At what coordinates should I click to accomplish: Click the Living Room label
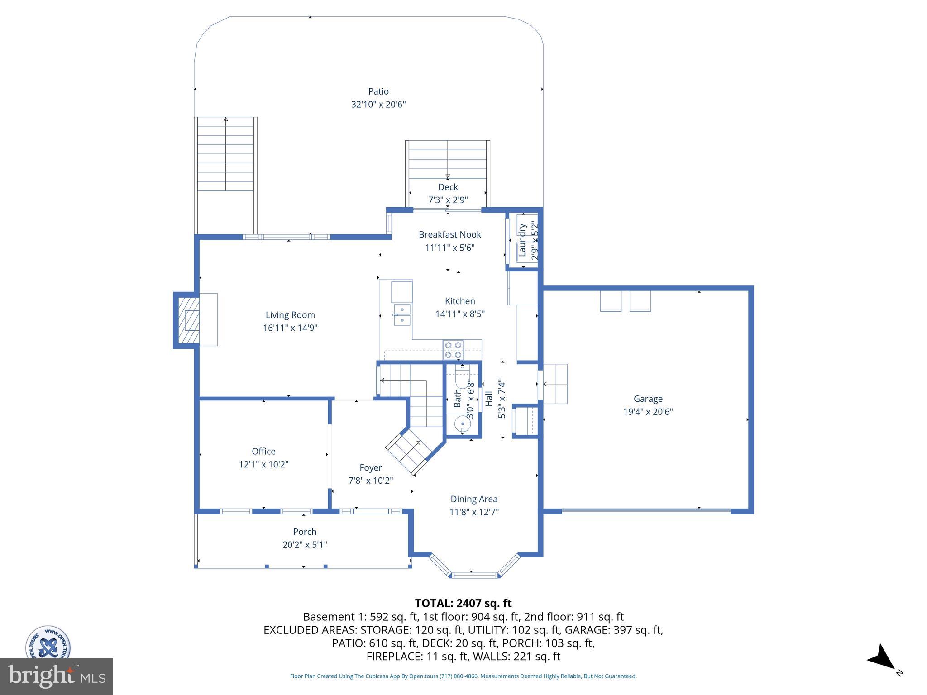coord(290,315)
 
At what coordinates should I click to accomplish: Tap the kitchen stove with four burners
coord(453,350)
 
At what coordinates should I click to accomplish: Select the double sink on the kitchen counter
coord(402,314)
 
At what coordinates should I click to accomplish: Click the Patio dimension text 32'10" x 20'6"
coord(378,105)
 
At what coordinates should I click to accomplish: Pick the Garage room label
coord(648,399)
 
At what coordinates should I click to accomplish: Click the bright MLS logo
coord(57,676)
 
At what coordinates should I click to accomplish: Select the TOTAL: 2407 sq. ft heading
coord(463,603)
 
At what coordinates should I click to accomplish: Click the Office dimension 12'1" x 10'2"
coord(263,464)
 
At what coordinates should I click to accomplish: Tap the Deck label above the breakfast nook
coord(448,187)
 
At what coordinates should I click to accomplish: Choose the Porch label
coord(305,532)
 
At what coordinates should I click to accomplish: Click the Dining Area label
coord(473,499)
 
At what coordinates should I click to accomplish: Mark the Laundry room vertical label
coord(522,240)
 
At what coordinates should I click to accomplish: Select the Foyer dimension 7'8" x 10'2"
coord(370,481)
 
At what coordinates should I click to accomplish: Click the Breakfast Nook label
coord(449,234)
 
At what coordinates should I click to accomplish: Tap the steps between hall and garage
coord(555,384)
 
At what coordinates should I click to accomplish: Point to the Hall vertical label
coord(489,399)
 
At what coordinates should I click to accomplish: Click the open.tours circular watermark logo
coord(48,643)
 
